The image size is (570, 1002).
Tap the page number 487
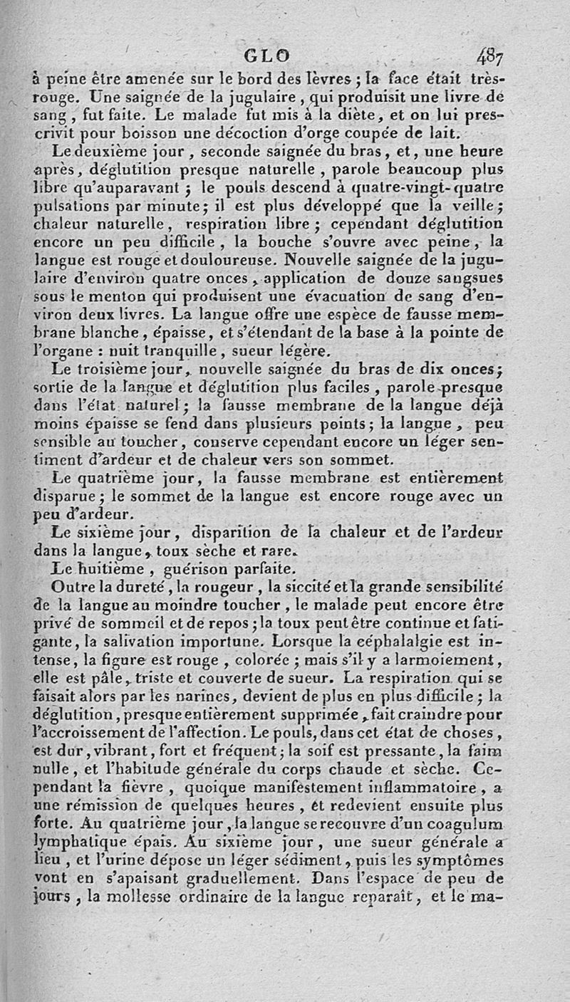[491, 56]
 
